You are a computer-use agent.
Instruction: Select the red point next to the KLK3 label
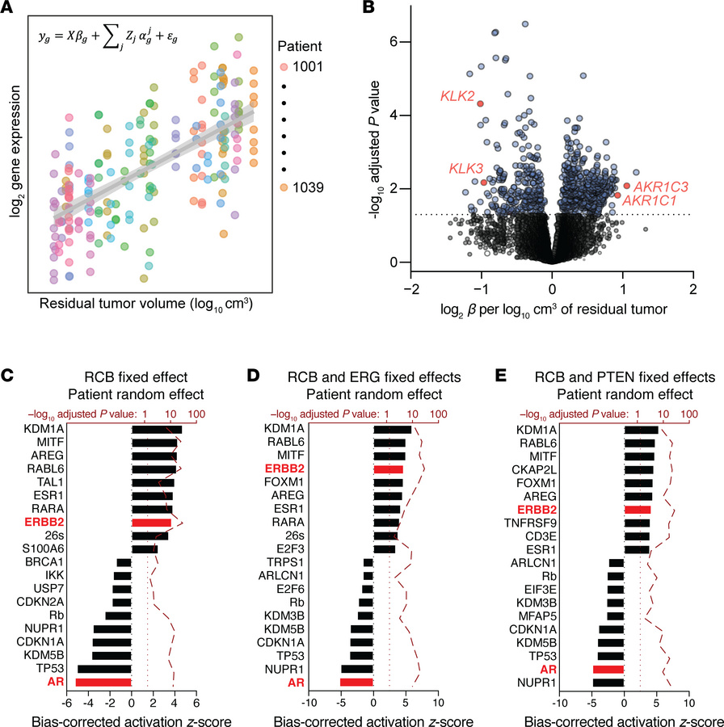[x=483, y=183]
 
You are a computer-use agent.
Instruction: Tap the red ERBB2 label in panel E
[x=600, y=510]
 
